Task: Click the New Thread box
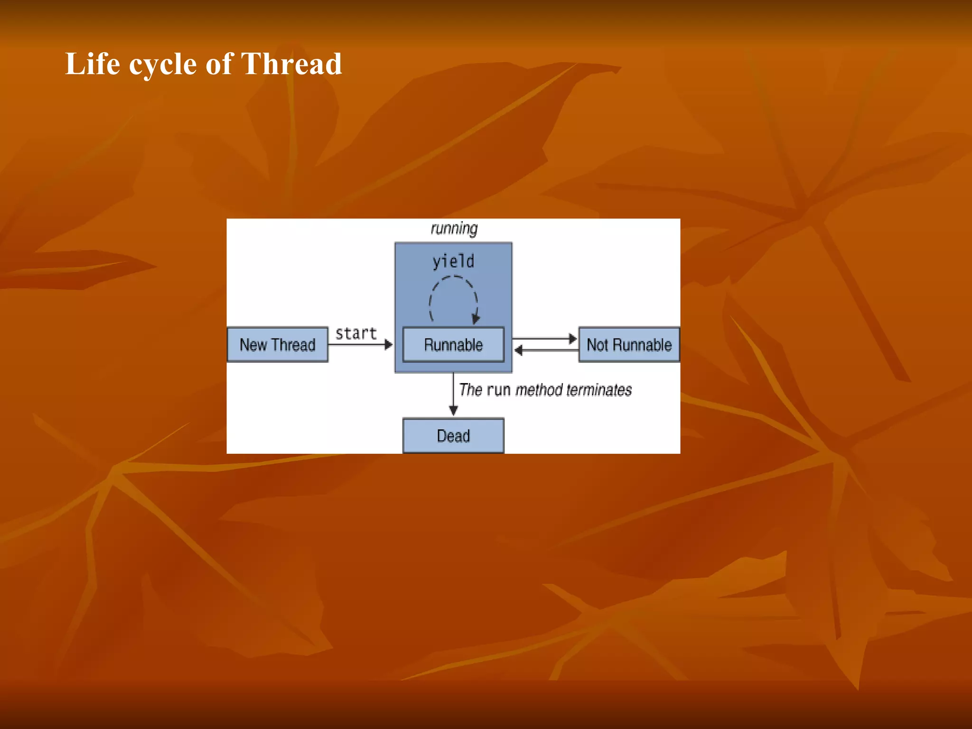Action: (x=277, y=345)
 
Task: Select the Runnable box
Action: (x=453, y=345)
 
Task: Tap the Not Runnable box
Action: (x=629, y=345)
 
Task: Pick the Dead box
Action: (x=453, y=436)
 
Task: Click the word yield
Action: (x=453, y=262)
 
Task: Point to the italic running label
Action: (x=454, y=229)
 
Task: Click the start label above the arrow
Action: (x=356, y=334)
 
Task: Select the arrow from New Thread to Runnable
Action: (x=361, y=345)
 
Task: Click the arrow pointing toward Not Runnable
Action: (x=545, y=339)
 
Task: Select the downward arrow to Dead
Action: (x=453, y=394)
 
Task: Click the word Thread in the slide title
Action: (x=291, y=64)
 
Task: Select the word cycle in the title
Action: (x=163, y=65)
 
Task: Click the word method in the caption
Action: (x=539, y=390)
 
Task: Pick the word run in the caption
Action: (x=498, y=390)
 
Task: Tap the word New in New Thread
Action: (x=253, y=345)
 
